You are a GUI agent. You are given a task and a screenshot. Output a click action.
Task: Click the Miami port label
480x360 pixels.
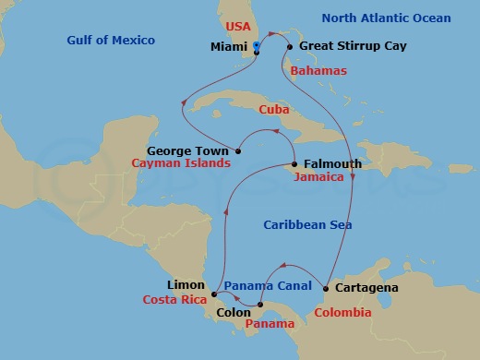coord(228,45)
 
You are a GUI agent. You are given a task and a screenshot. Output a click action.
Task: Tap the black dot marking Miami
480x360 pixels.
coord(256,52)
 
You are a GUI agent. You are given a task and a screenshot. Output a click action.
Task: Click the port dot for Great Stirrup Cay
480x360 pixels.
coord(290,46)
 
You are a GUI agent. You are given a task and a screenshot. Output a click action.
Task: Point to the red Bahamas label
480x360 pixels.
coord(318,70)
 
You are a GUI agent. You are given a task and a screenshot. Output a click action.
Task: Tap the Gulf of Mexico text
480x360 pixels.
coord(111,40)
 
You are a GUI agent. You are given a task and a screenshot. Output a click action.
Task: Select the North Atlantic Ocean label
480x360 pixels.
coord(386,18)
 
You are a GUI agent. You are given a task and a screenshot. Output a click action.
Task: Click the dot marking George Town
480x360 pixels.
coord(238,150)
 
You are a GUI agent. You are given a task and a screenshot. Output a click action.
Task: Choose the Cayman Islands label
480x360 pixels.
coord(180,162)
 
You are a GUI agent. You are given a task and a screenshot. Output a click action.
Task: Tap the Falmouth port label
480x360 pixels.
coord(329,164)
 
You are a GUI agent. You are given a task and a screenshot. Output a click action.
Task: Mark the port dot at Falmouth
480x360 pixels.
coord(294,165)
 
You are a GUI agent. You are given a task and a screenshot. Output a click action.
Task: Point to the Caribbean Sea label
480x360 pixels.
coord(307,224)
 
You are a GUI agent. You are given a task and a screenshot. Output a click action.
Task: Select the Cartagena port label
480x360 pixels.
coord(366,288)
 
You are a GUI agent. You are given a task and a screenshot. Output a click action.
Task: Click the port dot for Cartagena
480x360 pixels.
coord(327,289)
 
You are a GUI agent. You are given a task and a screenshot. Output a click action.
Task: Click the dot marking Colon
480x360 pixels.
coord(260,305)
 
